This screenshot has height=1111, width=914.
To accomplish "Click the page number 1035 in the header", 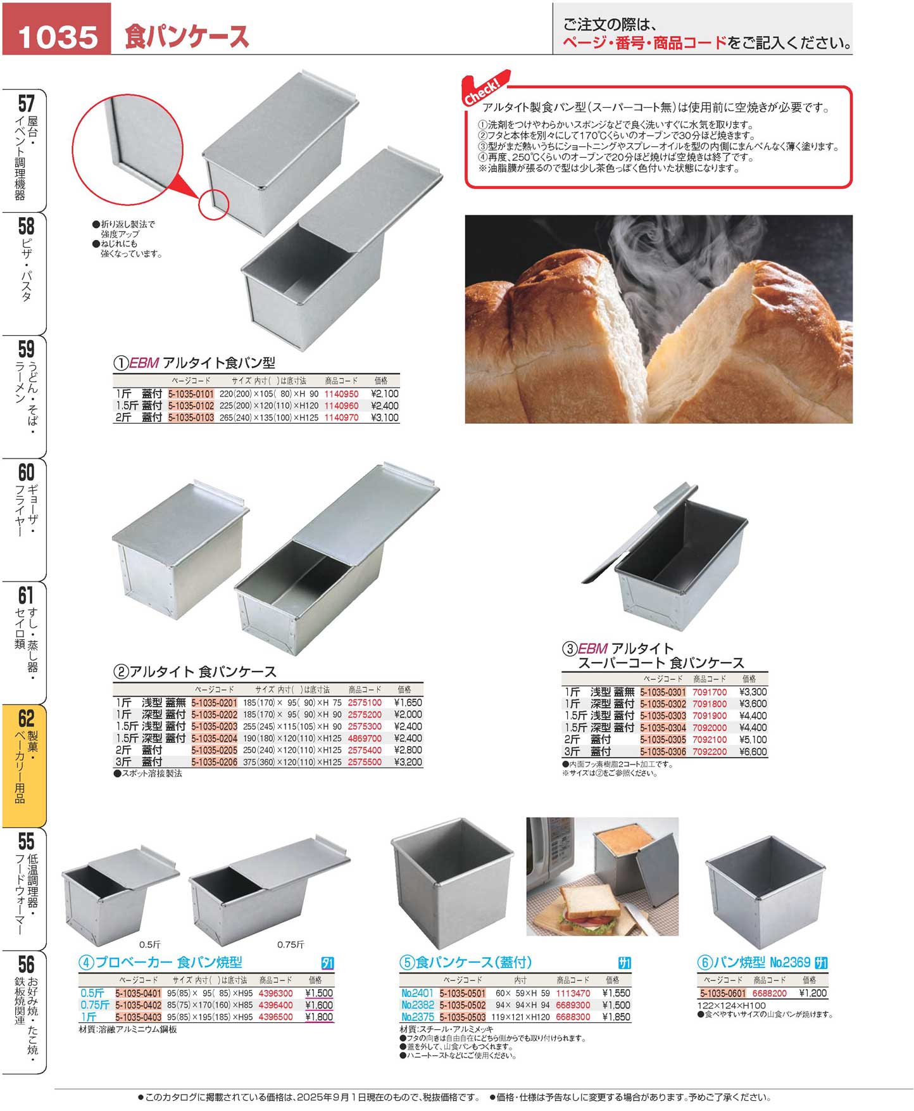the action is (57, 36).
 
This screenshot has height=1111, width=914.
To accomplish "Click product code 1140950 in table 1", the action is (341, 393).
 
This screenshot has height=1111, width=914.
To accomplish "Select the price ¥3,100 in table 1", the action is (384, 417).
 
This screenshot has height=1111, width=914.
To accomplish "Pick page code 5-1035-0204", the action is (214, 738).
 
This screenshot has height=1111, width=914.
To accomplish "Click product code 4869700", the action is (365, 738).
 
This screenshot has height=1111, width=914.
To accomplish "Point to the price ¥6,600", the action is (753, 752).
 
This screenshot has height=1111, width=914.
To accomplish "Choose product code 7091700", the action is (710, 692).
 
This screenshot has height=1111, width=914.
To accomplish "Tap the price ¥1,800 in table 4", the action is (318, 1017).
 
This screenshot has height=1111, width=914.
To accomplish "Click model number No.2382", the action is (418, 1005).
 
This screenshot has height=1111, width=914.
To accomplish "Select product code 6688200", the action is (769, 993).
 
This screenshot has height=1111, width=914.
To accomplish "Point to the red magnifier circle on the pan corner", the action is (214, 205).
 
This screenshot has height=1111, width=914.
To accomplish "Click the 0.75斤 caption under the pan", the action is (291, 944).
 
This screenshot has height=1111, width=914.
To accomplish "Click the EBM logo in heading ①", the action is (144, 363).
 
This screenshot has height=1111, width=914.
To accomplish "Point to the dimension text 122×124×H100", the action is (731, 1005).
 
